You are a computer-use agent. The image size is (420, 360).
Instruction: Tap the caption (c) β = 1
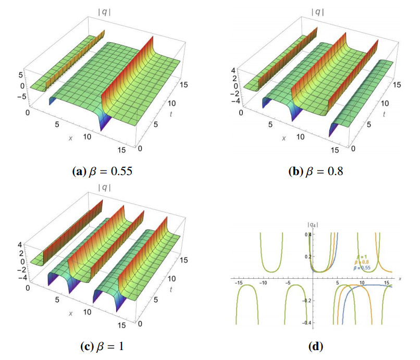pos(99,345)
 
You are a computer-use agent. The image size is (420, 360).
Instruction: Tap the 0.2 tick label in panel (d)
pos(307,256)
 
